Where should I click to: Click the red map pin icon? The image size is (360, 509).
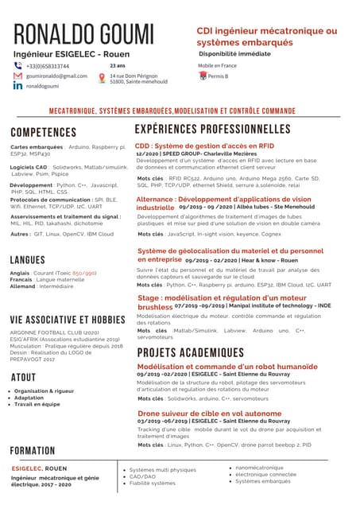point(102,78)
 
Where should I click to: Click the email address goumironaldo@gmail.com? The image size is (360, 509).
point(56,76)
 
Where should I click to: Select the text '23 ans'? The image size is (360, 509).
point(117,65)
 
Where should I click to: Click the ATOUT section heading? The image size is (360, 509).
point(23,377)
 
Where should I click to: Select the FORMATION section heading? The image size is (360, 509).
point(33,449)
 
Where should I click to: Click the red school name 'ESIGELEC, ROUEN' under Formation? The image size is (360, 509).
point(39,468)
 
